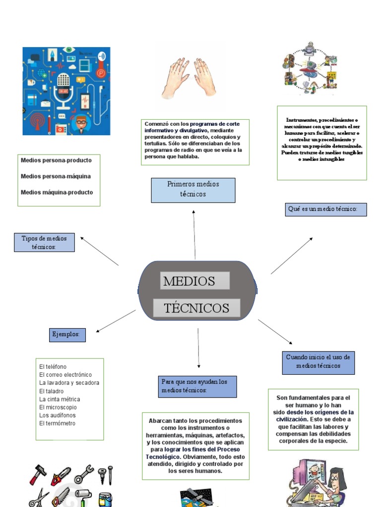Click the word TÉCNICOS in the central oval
[197, 308]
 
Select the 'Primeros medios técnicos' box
[193, 190]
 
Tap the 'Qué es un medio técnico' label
[326, 209]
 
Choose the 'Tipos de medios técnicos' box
[44, 243]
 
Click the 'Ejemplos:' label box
[67, 335]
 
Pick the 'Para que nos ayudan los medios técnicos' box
[197, 386]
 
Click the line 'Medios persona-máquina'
[56, 176]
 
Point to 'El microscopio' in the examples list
[59, 407]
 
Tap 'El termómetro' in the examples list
[58, 423]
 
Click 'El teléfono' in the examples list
[53, 366]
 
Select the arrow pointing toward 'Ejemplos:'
[115, 321]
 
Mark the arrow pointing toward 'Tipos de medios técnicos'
[99, 251]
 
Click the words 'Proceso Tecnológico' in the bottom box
[195, 453]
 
